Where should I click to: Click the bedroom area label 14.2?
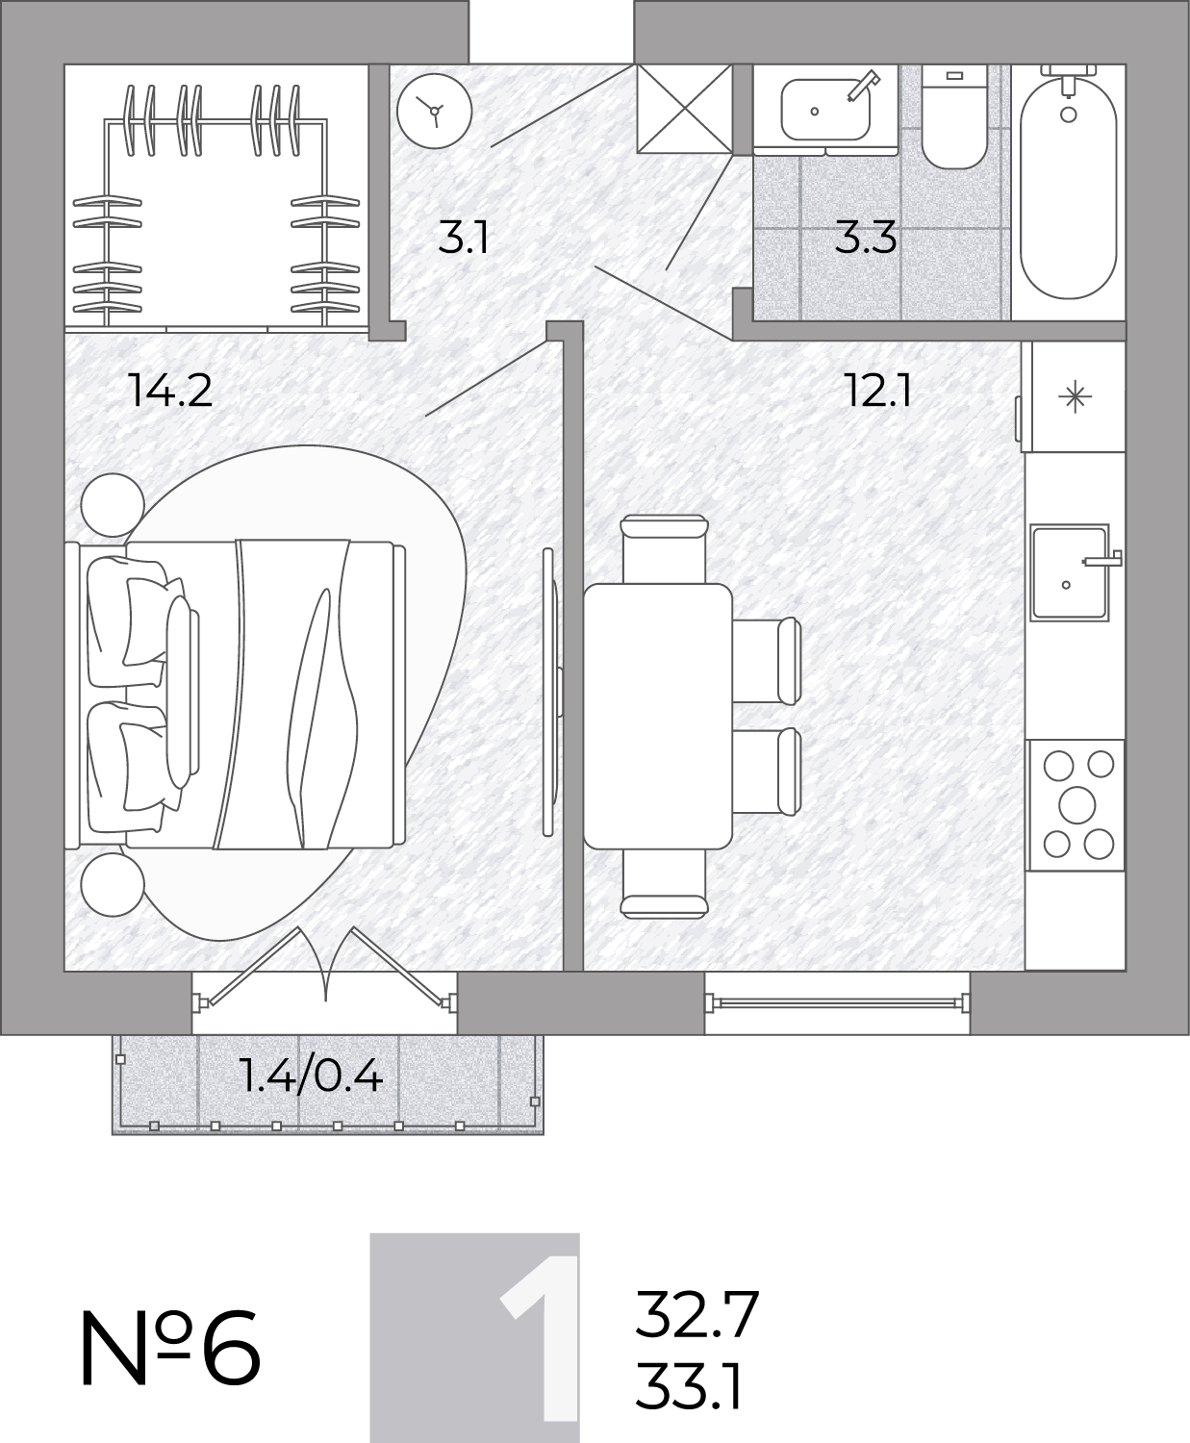pyautogui.click(x=170, y=391)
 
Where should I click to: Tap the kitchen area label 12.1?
pyautogui.click(x=877, y=391)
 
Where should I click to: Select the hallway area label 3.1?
pyautogui.click(x=464, y=239)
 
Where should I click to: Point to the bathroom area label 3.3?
pyautogui.click(x=865, y=238)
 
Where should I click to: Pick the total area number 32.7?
pyautogui.click(x=696, y=1314)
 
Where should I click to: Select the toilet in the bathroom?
pyautogui.click(x=953, y=117)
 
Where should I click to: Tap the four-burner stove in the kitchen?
pyautogui.click(x=1076, y=804)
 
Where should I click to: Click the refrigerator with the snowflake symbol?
pyautogui.click(x=1074, y=396)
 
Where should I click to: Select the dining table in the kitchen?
pyautogui.click(x=658, y=716)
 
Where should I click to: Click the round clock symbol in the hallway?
pyautogui.click(x=435, y=111)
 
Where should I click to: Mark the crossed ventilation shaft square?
pyautogui.click(x=684, y=109)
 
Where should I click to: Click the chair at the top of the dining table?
pyautogui.click(x=664, y=549)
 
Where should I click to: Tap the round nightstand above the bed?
pyautogui.click(x=113, y=505)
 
